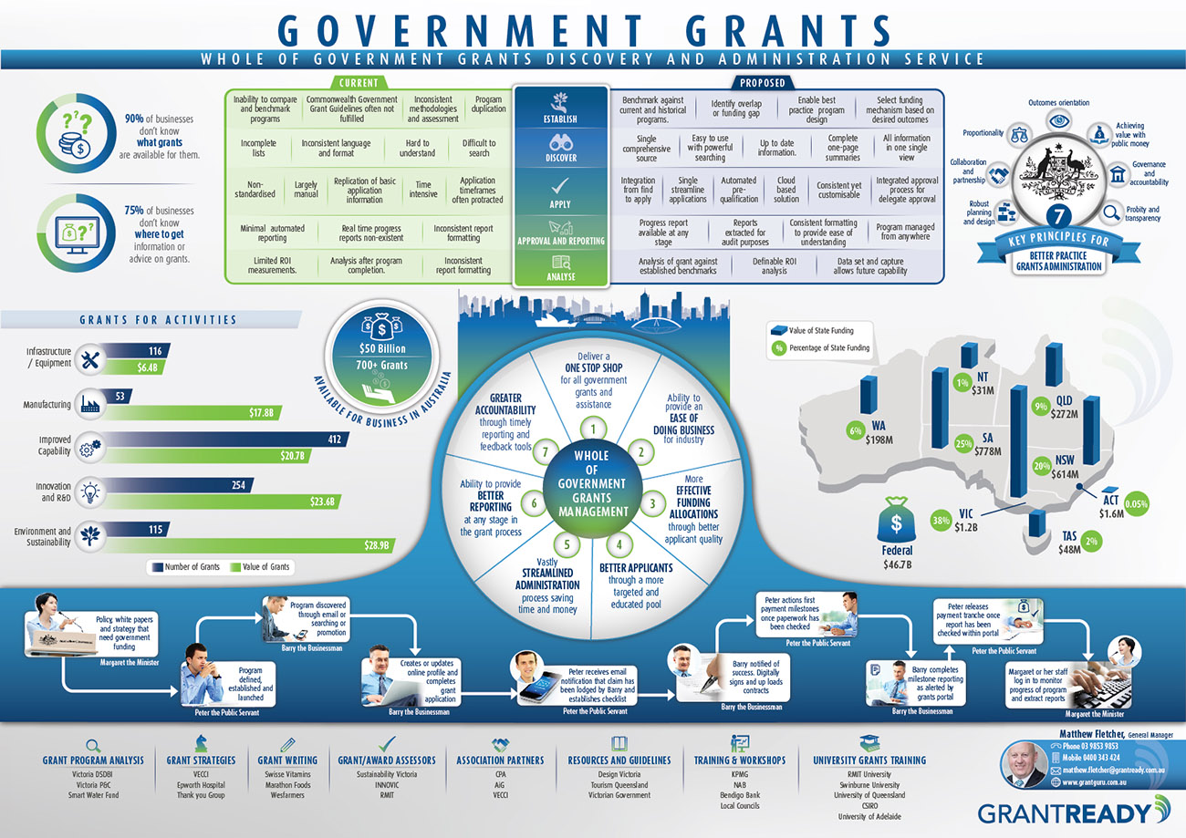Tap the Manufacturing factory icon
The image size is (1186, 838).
point(90,403)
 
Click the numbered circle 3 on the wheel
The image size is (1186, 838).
point(652,502)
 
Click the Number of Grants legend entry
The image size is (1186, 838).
point(185,567)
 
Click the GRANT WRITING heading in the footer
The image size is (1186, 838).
point(287,760)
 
